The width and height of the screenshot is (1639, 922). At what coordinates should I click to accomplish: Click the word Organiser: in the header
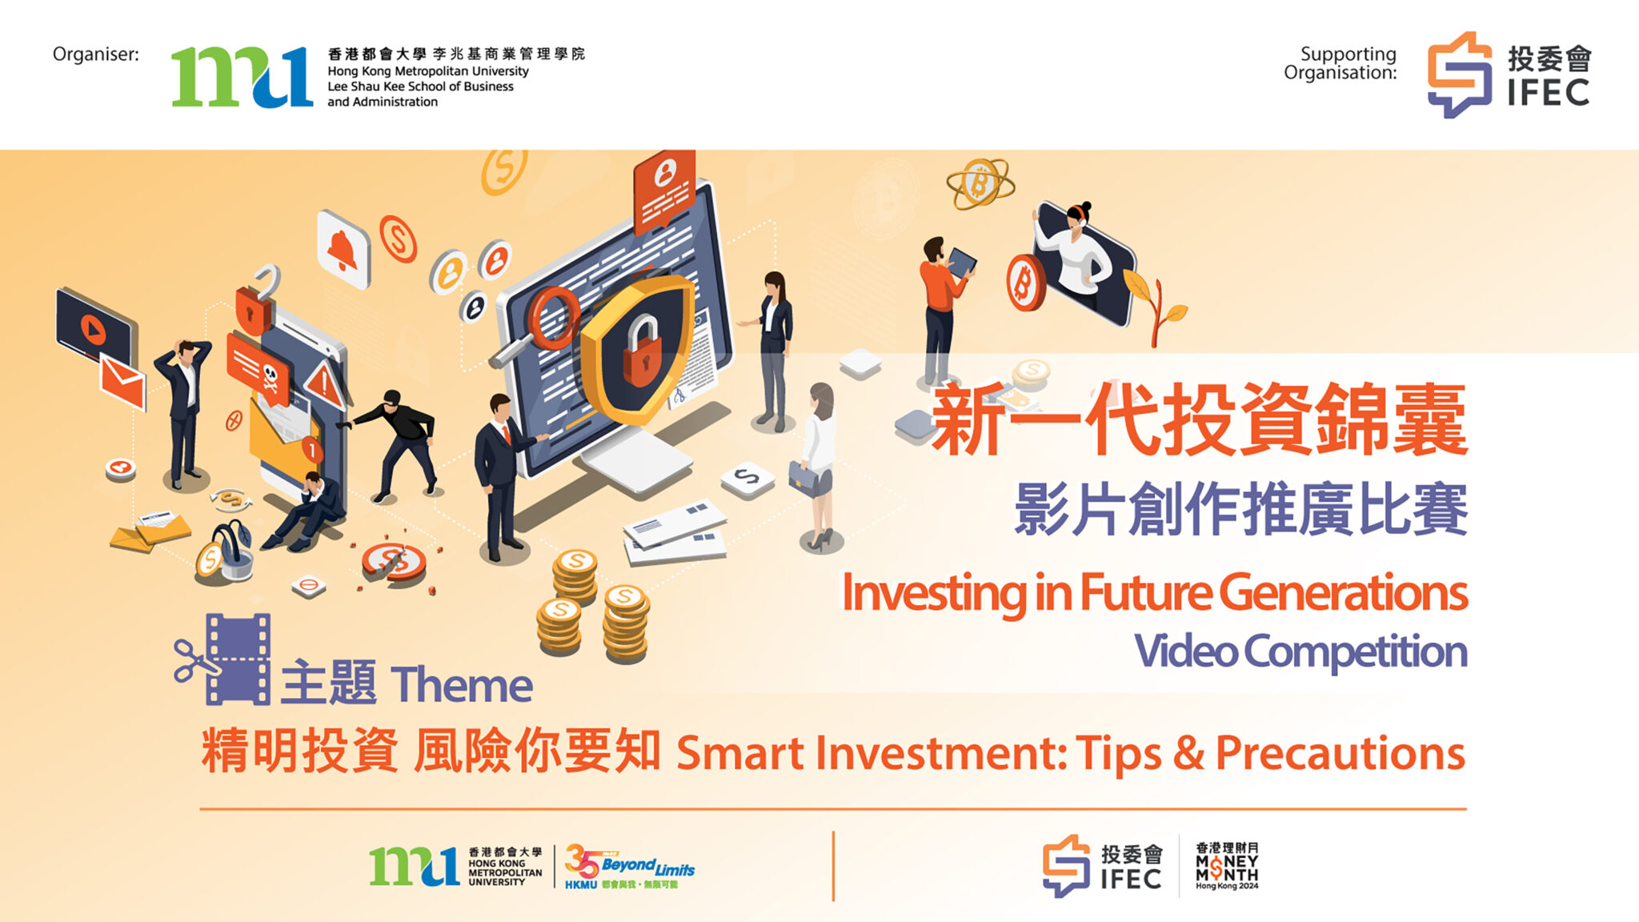[x=95, y=54]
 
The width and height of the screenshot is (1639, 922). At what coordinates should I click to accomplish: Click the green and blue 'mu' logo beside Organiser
[x=241, y=76]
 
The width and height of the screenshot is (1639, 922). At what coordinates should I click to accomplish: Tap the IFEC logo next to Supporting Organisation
[x=1509, y=74]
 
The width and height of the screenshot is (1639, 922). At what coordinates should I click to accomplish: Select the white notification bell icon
[x=343, y=249]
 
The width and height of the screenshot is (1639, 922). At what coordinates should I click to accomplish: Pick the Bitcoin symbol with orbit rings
[x=980, y=183]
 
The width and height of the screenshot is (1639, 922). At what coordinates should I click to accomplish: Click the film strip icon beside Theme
[x=238, y=659]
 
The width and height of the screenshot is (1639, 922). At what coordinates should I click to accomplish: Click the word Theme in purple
[x=462, y=685]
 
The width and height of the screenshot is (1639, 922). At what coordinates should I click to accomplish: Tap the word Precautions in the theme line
[x=1340, y=753]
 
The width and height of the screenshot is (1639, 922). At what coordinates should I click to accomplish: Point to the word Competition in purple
[x=1355, y=651]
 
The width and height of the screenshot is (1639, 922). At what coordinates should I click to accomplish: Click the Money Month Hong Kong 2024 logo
[x=1226, y=865]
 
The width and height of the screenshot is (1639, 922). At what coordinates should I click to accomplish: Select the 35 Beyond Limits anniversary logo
[x=628, y=867]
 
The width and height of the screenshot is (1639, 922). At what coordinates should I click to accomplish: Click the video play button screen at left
[x=94, y=326]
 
